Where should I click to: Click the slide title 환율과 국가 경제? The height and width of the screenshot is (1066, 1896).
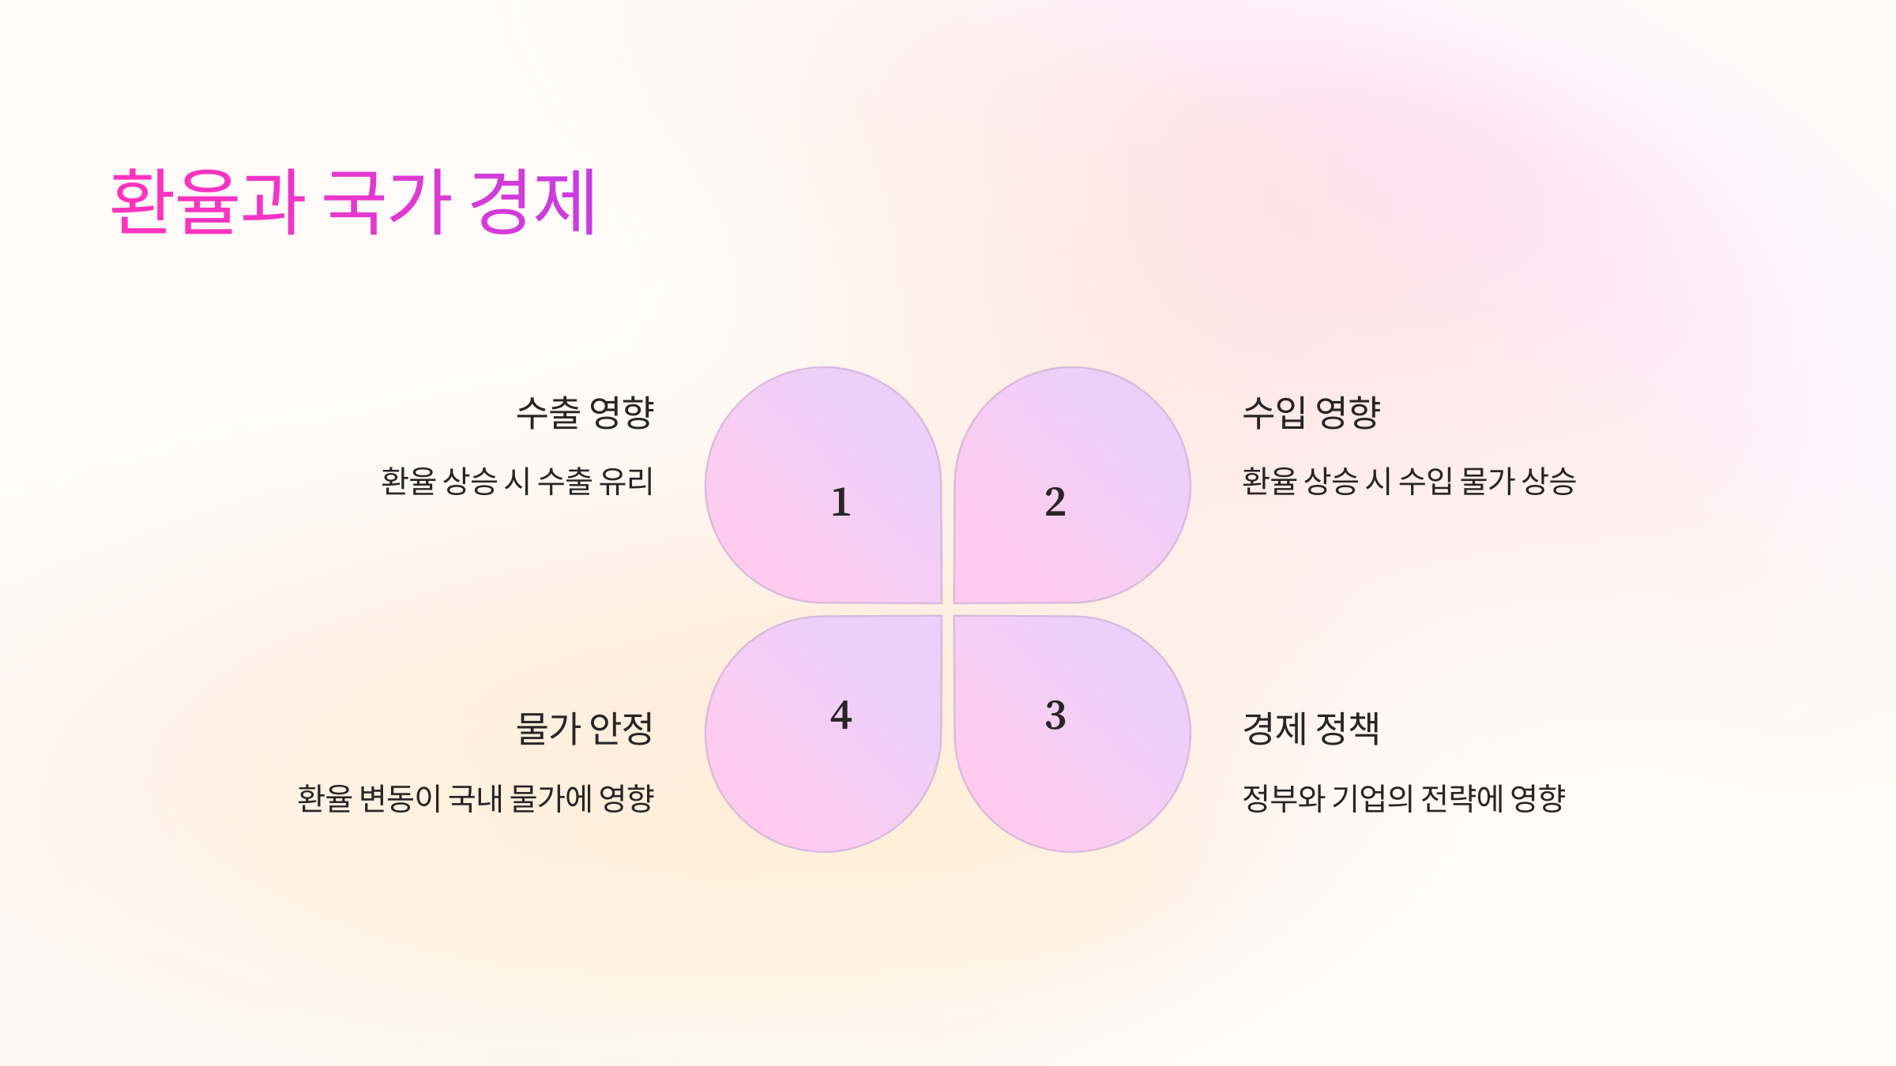pos(353,202)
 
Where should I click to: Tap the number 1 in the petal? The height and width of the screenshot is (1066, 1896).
pos(841,502)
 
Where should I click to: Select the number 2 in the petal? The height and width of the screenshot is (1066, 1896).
pos(1055,502)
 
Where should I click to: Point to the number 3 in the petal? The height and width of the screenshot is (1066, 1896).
pos(1055,715)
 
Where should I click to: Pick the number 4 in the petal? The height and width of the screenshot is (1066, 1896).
pos(841,715)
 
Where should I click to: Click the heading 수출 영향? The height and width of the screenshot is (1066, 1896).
pos(585,412)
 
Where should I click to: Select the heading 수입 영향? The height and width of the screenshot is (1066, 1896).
pos(1311,412)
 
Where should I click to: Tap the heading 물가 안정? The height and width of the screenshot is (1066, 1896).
pos(585,728)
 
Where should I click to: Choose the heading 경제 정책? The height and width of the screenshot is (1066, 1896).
pos(1311,728)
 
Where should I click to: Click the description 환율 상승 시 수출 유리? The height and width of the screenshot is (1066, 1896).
pos(517,481)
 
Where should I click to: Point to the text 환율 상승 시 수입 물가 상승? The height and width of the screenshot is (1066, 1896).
pos(1409,481)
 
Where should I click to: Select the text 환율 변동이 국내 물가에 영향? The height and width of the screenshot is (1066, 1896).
pos(476,798)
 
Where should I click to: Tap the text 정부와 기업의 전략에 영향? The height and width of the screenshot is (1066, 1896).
pos(1404,798)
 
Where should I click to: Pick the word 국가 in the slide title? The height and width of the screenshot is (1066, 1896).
pos(387,202)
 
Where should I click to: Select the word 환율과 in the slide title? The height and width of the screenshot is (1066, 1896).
pos(208,202)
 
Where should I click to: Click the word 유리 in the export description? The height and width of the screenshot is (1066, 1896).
pos(626,481)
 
